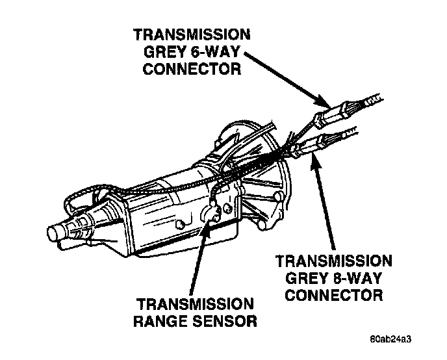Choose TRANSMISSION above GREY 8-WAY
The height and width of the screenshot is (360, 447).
click(x=334, y=261)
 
